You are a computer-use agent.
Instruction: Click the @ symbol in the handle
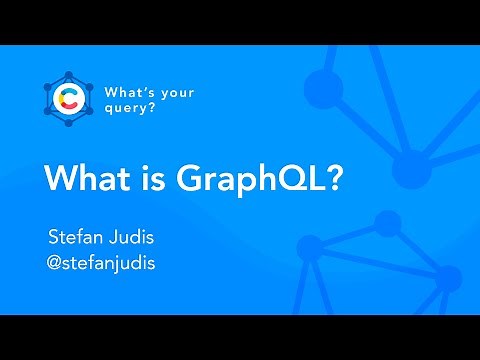click(57, 266)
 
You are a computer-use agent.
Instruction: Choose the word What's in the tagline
click(131, 92)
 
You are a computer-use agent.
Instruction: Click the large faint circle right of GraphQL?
click(411, 165)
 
